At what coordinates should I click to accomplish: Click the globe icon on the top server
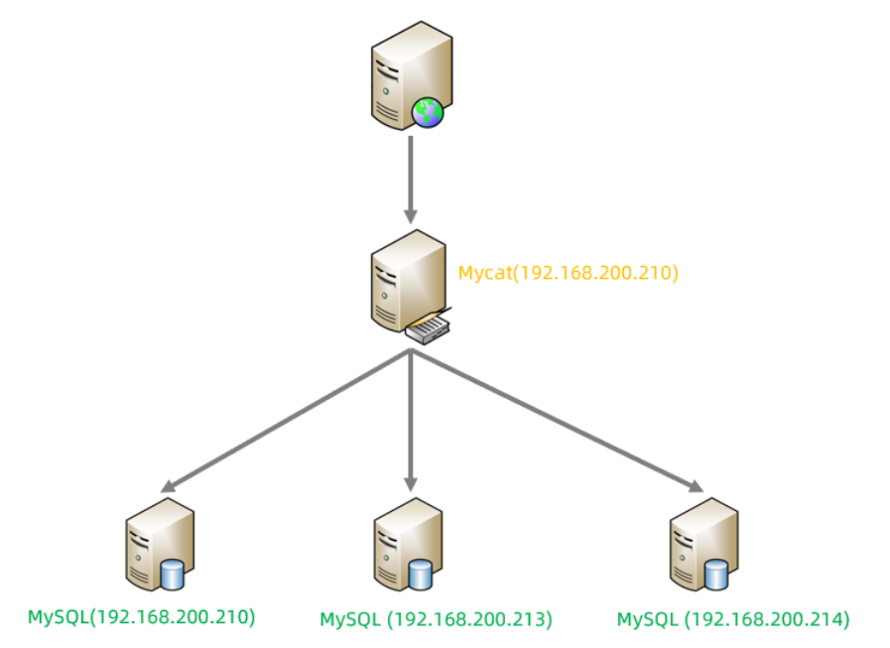tap(429, 113)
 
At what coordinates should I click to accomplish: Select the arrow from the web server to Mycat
tap(411, 179)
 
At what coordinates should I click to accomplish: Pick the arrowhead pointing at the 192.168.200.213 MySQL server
tap(411, 481)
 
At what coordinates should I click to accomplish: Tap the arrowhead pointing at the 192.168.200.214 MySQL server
tap(696, 486)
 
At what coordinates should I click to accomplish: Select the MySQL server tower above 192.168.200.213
tap(405, 546)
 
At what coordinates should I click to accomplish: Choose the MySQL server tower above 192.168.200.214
tap(700, 545)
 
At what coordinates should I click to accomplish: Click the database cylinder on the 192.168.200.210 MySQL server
tap(173, 575)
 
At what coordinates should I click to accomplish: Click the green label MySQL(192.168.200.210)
tap(141, 616)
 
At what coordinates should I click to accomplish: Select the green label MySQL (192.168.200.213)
tap(436, 619)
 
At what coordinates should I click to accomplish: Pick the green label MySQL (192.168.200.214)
tap(733, 619)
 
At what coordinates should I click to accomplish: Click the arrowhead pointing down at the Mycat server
tap(411, 213)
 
